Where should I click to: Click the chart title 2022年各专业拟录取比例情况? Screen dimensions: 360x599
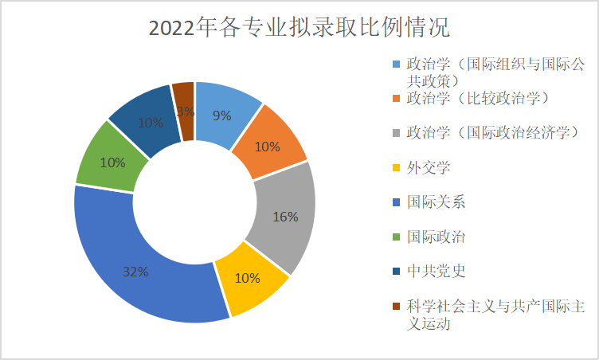coord(299,29)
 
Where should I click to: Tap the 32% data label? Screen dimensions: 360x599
coord(135,272)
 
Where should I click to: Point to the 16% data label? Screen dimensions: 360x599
coord(285,217)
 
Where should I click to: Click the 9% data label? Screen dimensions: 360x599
coord(222,115)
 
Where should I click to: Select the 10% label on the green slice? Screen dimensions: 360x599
coord(112,162)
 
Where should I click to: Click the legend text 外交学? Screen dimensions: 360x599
coord(428,167)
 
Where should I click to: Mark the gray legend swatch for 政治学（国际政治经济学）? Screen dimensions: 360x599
coord(396,133)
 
